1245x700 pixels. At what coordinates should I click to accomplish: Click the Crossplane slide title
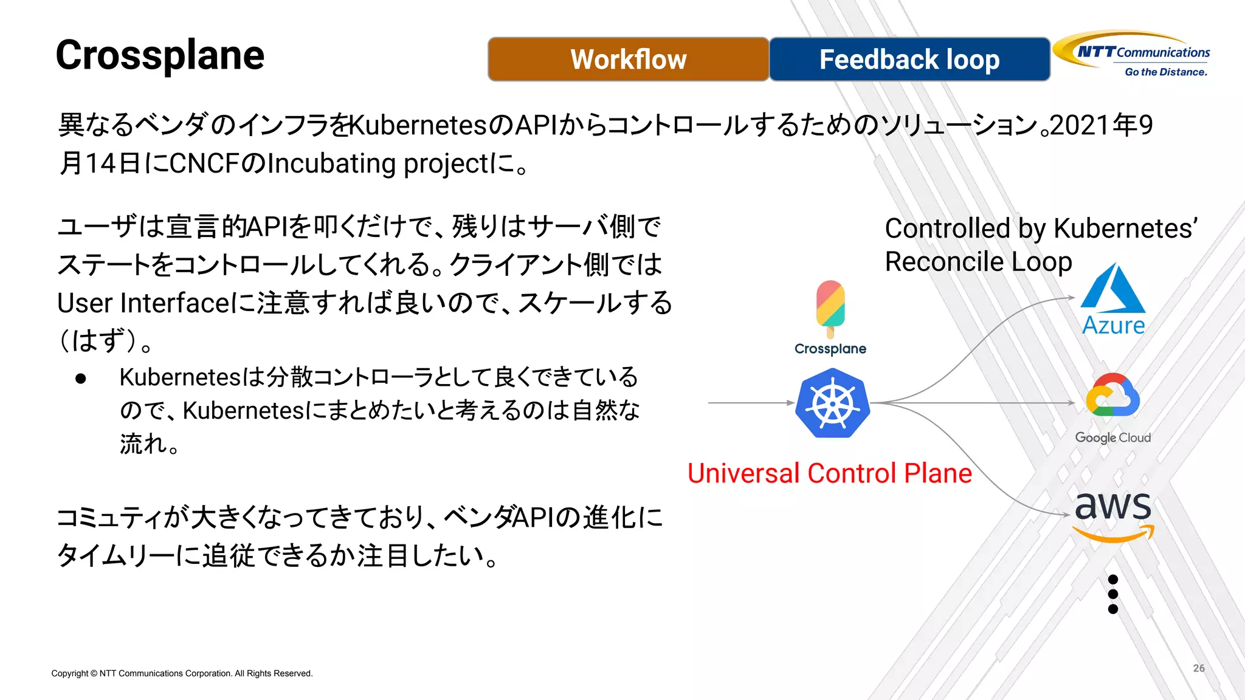pos(160,55)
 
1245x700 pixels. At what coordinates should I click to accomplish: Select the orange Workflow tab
pos(628,59)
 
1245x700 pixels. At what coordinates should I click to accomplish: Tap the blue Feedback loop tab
pos(909,59)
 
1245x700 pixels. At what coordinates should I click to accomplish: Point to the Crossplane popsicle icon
pos(830,307)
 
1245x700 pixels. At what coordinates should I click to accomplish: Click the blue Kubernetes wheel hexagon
pos(832,403)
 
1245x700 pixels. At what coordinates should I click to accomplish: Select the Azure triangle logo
pos(1113,289)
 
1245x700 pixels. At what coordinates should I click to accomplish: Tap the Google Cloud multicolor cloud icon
pos(1112,396)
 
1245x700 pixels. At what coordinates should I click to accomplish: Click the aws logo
pos(1112,513)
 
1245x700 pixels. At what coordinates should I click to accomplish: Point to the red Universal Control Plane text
pos(829,473)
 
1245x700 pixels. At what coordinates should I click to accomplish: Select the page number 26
pos(1198,668)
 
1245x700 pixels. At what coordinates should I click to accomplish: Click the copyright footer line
pos(182,673)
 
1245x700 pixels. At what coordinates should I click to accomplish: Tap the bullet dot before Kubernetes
pos(81,379)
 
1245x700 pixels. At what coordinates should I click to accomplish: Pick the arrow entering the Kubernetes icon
pos(751,403)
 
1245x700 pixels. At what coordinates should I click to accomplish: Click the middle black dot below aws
pos(1112,594)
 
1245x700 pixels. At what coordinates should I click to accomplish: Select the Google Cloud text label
pos(1112,437)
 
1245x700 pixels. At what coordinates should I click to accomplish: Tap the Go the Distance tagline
pos(1165,72)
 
